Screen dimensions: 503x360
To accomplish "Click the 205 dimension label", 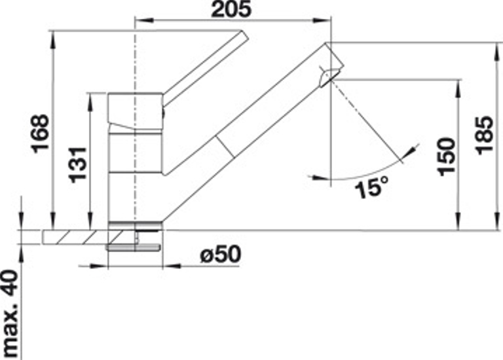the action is [231, 9].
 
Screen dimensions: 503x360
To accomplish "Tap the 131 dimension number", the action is [79, 165].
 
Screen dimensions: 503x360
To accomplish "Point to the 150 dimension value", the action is [447, 157].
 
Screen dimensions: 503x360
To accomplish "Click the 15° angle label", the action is [372, 187].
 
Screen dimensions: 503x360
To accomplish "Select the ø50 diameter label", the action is [220, 255].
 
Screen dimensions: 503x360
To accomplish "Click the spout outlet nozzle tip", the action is [328, 77].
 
